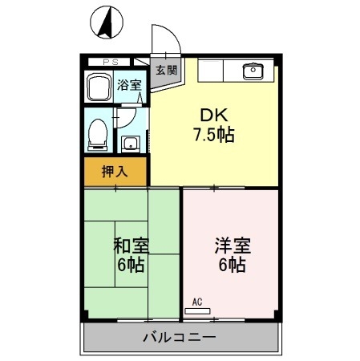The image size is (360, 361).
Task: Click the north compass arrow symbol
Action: (104, 22)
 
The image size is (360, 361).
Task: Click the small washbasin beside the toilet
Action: (129, 144)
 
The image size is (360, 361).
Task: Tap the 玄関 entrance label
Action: (166, 69)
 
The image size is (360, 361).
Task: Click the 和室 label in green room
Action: (130, 245)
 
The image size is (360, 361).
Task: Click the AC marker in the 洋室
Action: (197, 302)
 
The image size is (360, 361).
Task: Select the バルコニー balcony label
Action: (180, 337)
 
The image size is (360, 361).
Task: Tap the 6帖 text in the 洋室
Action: (230, 265)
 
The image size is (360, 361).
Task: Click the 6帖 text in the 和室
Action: (130, 265)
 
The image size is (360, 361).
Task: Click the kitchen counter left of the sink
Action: (215, 70)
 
